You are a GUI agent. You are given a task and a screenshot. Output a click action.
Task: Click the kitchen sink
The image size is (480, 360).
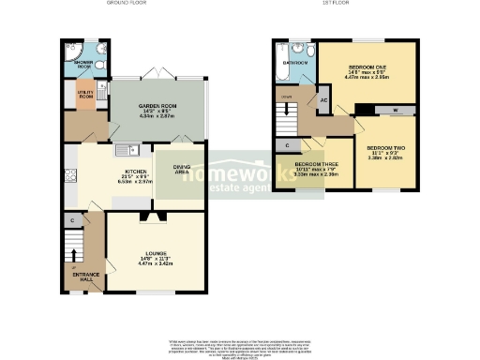click(x=126, y=149)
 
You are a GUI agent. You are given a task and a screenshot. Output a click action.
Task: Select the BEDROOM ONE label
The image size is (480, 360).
click(x=367, y=68)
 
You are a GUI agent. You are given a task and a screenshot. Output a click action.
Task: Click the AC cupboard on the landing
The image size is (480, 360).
click(x=323, y=100)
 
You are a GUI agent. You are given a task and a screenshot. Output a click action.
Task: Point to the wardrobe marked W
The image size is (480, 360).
click(x=393, y=110)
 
